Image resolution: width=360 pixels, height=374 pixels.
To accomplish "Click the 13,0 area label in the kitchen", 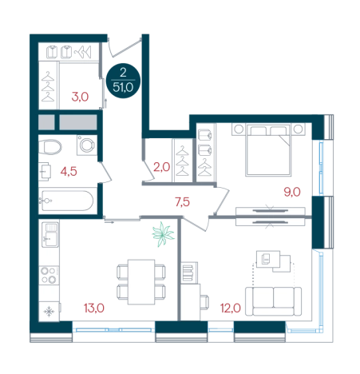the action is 94,308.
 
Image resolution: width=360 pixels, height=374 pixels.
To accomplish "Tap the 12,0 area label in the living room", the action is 231,308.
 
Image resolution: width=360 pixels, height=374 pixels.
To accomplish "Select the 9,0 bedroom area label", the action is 292,192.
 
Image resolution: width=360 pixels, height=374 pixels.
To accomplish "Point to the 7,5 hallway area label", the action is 182,202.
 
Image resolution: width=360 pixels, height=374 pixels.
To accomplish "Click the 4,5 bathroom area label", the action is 69,172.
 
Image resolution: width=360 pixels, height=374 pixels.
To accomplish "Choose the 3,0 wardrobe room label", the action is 80,97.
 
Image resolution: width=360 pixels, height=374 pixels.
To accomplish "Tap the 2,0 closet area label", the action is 161,167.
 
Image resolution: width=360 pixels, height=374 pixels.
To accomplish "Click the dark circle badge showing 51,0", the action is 123,81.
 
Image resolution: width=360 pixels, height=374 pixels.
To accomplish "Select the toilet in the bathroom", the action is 50,147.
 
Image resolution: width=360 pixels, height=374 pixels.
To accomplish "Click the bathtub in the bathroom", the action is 66,201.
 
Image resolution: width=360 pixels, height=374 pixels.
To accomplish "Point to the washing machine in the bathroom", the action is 87,145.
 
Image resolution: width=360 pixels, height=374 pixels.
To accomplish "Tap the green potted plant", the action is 163,234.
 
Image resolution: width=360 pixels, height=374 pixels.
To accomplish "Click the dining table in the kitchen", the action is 141,282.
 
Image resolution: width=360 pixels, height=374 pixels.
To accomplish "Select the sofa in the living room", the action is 273,301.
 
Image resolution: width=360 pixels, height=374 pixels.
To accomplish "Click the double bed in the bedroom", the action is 268,149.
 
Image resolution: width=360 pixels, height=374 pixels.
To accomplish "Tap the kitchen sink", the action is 50,235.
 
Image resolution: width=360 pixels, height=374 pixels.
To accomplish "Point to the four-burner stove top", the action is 49,275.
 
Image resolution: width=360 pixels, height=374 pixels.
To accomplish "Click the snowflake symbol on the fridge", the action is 49,312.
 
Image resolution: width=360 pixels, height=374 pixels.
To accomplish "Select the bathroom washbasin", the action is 45,172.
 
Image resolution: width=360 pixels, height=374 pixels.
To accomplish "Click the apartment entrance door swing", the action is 124,48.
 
